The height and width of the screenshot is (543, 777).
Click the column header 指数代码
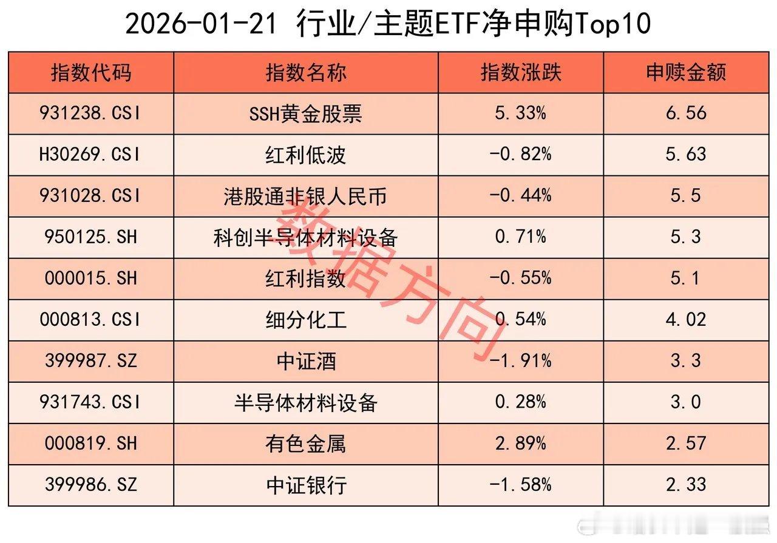pyautogui.click(x=91, y=73)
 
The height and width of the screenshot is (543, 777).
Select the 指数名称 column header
pyautogui.click(x=306, y=73)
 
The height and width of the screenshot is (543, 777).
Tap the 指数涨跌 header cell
pyautogui.click(x=521, y=73)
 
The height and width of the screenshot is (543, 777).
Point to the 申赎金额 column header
pyautogui.click(x=686, y=73)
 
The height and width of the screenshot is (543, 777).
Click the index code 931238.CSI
pyautogui.click(x=91, y=113)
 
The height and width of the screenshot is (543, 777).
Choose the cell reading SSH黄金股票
pyautogui.click(x=306, y=113)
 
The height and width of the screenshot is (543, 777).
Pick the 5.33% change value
pyautogui.click(x=521, y=113)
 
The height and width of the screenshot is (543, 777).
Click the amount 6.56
pyautogui.click(x=686, y=113)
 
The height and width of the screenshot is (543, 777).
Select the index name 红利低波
pyautogui.click(x=306, y=155)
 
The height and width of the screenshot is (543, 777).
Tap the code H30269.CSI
pyautogui.click(x=91, y=155)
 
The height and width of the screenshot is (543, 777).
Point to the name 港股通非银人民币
pyautogui.click(x=306, y=196)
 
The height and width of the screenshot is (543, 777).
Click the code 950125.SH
pyautogui.click(x=91, y=237)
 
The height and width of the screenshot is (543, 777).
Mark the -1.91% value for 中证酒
pyautogui.click(x=521, y=361)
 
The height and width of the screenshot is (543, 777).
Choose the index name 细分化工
pyautogui.click(x=306, y=320)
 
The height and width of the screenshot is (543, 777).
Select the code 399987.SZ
pyautogui.click(x=91, y=361)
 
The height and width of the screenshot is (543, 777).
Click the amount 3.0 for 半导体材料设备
pyautogui.click(x=686, y=402)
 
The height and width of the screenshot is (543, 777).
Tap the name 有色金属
pyautogui.click(x=306, y=444)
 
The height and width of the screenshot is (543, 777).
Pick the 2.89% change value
pyautogui.click(x=521, y=444)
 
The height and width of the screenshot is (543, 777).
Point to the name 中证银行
pyautogui.click(x=306, y=485)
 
